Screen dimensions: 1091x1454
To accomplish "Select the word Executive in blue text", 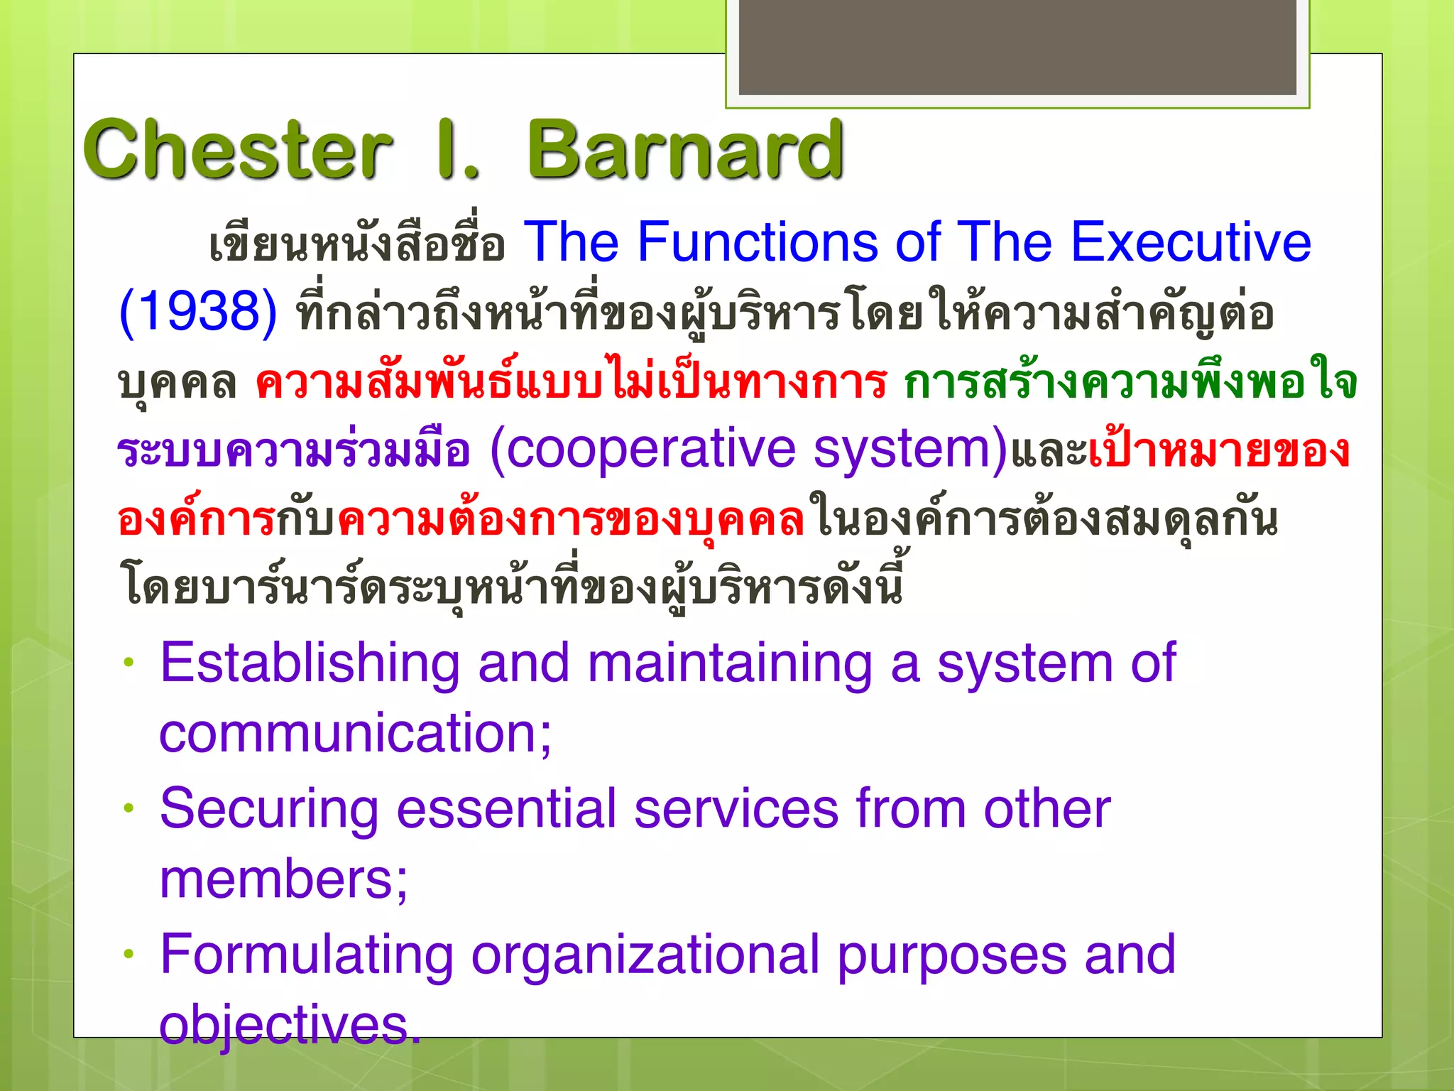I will [x=1190, y=242].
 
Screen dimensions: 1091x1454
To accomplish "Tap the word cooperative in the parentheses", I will [x=650, y=450].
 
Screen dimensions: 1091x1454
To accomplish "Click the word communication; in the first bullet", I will [x=355, y=733].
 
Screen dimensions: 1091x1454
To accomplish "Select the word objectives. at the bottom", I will [x=290, y=1026].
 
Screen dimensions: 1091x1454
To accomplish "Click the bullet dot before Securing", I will [x=129, y=808].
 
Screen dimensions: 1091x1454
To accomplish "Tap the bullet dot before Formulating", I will [x=129, y=955].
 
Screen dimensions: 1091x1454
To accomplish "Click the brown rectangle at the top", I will [x=1017, y=47].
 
